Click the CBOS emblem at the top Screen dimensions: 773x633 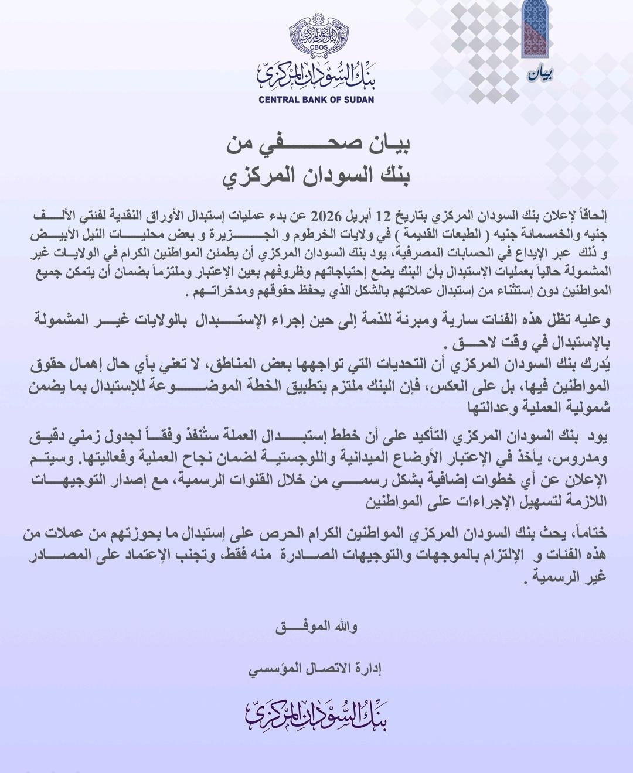[316, 35]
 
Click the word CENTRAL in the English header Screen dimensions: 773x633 [280, 100]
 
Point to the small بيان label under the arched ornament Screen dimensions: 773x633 [540, 74]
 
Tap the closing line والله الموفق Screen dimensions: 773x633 [317, 626]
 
